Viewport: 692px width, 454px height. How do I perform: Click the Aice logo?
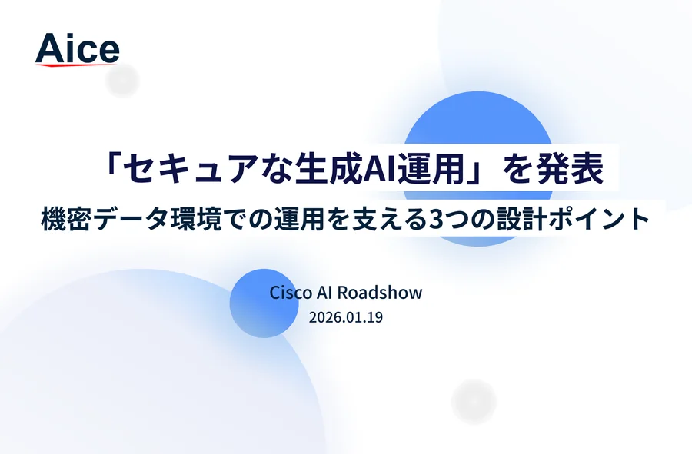(77, 49)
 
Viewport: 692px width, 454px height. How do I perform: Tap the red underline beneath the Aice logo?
(76, 65)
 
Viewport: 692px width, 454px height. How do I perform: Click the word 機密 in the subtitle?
(66, 219)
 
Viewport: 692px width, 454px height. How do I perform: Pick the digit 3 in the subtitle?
(436, 220)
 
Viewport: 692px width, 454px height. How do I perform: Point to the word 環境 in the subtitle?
(195, 219)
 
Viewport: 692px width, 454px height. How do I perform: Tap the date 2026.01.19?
(346, 317)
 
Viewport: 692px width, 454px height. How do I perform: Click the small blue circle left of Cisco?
(264, 303)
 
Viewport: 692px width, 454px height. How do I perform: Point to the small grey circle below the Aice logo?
(122, 80)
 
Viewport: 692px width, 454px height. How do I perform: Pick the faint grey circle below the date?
(474, 402)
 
